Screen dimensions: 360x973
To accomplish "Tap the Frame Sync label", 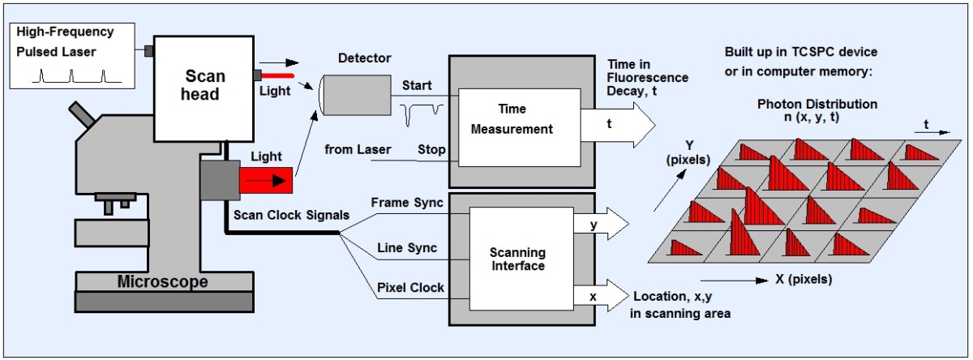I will click(406, 203).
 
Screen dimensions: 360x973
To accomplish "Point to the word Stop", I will click(431, 149).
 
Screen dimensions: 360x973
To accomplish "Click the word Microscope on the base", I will click(162, 282).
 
